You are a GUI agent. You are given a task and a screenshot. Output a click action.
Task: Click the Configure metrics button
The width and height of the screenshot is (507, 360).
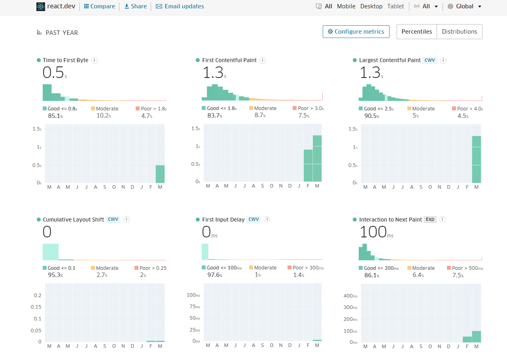point(356,32)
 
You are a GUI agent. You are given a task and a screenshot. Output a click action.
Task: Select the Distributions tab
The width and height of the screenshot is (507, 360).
point(459,32)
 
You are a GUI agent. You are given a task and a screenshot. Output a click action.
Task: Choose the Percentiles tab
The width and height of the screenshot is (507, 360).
point(416,32)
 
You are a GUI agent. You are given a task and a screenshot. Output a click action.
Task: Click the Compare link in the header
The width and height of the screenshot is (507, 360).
point(100,6)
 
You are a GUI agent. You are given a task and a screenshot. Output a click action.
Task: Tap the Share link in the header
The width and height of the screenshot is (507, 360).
point(135,6)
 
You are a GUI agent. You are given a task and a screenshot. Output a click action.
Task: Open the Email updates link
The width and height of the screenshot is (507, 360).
point(180,6)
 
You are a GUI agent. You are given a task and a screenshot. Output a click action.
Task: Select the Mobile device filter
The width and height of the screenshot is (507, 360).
point(346,6)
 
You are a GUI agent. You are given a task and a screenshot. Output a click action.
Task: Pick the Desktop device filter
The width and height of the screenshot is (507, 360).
point(371,6)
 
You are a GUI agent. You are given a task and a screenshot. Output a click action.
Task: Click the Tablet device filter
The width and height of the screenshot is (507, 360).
point(395,6)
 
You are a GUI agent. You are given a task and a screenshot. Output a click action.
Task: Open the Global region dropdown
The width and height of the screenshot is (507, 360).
point(465,6)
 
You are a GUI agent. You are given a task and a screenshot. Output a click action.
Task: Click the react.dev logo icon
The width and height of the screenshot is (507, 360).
point(41,6)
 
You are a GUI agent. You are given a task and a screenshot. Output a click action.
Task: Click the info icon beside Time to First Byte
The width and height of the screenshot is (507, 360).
point(95,60)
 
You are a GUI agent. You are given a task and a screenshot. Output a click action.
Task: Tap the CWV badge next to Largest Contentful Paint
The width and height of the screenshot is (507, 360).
point(429,60)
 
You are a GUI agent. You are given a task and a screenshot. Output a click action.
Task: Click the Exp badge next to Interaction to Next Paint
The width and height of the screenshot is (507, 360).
point(430,220)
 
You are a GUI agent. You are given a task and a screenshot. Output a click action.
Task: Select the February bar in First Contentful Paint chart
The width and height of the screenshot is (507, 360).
point(308,165)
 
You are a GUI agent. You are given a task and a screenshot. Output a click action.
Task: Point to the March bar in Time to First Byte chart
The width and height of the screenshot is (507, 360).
point(160,174)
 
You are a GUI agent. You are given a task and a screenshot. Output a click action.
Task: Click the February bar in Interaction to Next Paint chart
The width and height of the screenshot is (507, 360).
point(467,339)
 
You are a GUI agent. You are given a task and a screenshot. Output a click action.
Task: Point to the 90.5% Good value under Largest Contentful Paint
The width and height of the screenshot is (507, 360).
point(372,116)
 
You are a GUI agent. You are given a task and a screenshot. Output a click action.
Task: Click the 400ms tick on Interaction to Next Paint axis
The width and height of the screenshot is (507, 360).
point(350,296)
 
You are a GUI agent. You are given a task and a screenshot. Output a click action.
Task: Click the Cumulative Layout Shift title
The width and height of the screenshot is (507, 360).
point(73,220)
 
